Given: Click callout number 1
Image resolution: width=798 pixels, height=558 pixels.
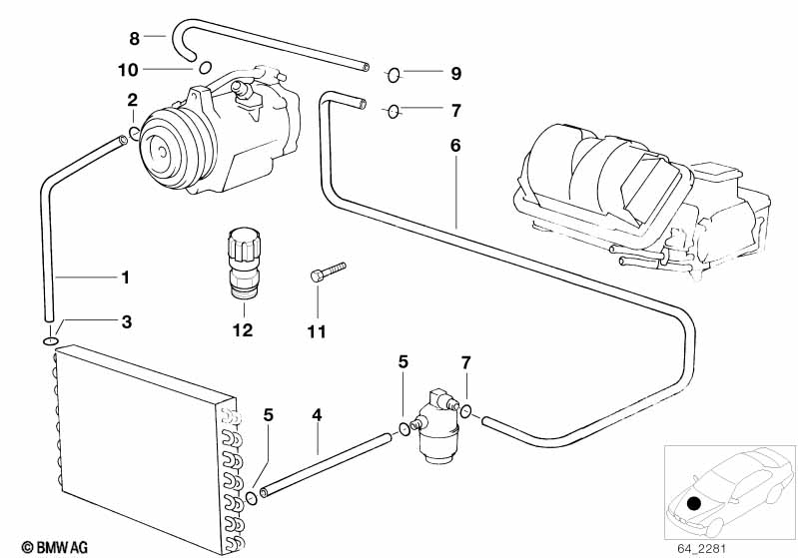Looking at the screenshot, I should click(125, 276).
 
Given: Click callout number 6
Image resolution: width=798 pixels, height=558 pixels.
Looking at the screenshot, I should click(455, 145).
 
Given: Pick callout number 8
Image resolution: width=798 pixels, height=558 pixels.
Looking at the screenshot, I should click(134, 38).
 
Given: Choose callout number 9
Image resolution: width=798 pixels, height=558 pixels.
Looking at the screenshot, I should click(455, 73).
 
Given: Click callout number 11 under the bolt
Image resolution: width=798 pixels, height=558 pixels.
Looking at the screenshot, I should click(316, 332).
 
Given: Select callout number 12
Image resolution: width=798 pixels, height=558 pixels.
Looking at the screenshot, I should click(243, 330).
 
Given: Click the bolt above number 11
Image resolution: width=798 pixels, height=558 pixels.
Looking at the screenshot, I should click(328, 272).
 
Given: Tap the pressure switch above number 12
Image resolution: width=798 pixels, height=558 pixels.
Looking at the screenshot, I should click(243, 264).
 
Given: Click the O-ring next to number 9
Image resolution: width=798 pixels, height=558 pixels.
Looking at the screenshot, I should click(394, 73).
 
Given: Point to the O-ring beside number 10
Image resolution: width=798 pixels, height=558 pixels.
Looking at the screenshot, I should click(204, 68).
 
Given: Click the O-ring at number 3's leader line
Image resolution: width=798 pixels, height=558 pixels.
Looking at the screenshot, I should click(49, 342).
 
